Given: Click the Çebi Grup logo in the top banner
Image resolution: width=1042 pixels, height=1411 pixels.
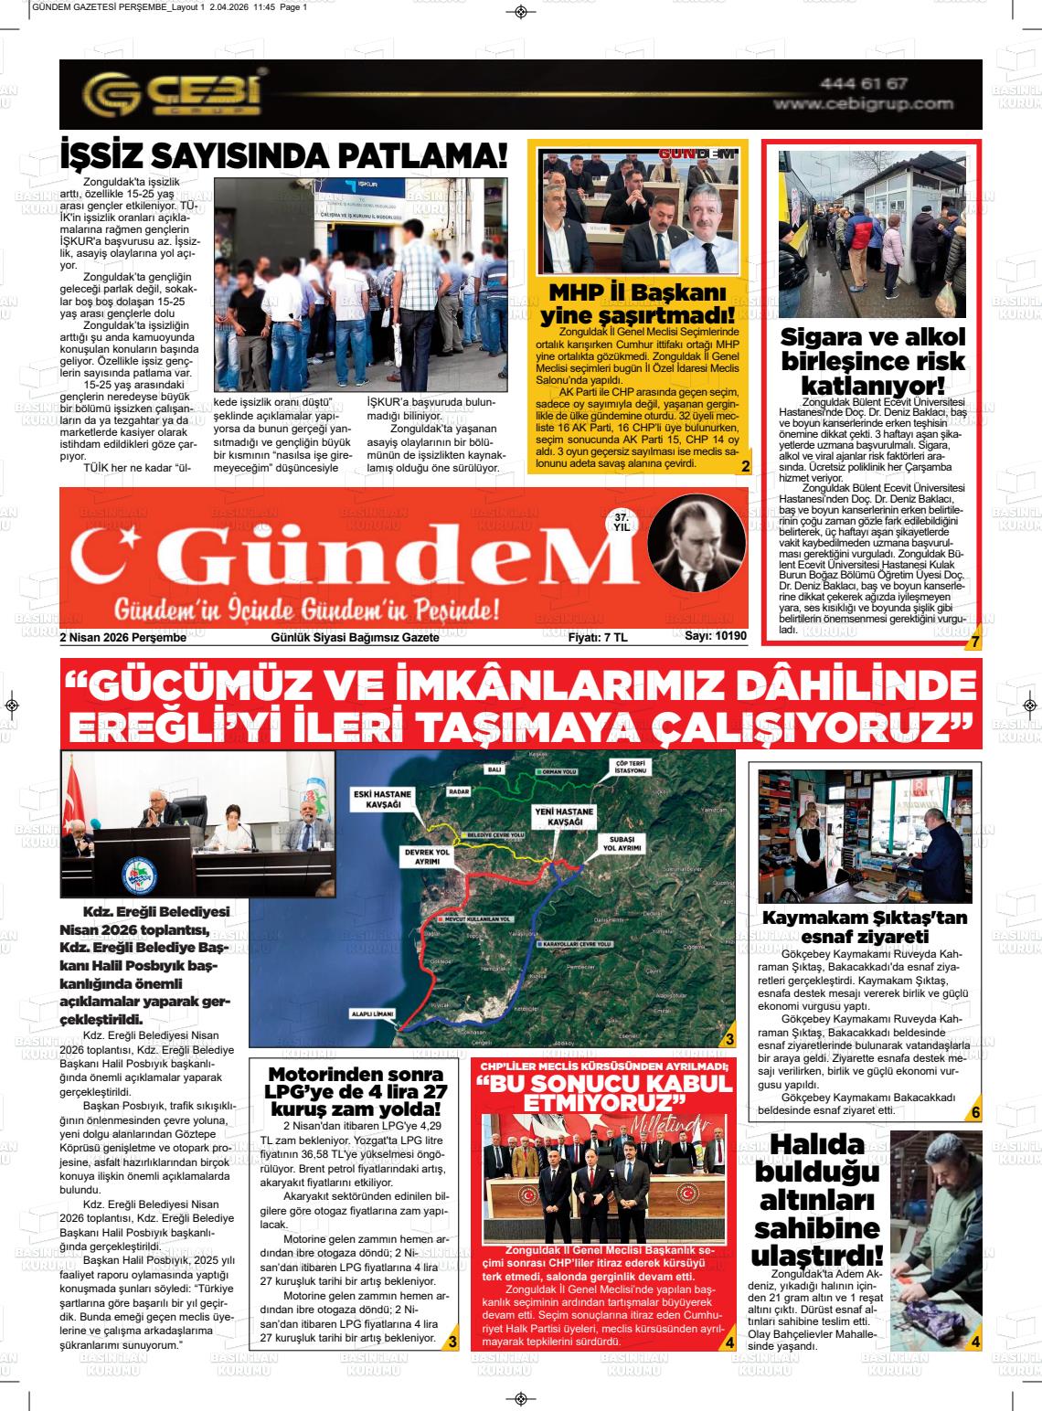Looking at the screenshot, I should [x=173, y=94].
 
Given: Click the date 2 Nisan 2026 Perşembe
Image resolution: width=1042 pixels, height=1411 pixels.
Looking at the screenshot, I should [x=122, y=637].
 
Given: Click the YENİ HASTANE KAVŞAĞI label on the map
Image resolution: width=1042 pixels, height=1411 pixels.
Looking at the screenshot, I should [x=564, y=817].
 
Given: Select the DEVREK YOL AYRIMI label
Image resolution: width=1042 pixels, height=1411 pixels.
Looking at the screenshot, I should [x=428, y=856].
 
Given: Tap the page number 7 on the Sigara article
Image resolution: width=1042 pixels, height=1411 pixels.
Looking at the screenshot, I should [x=974, y=642].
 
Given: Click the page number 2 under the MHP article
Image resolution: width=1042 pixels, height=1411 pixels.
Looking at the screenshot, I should [x=745, y=467].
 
